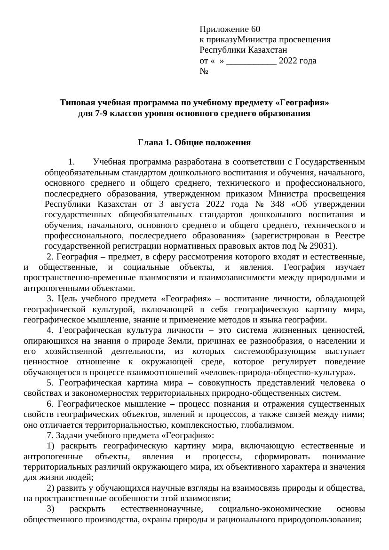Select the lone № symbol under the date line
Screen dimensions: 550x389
(204, 71)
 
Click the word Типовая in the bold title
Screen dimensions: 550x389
(76, 102)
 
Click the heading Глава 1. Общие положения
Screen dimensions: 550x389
(194, 142)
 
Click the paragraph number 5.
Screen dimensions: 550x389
(49, 383)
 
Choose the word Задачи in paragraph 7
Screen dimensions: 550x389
(75, 435)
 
